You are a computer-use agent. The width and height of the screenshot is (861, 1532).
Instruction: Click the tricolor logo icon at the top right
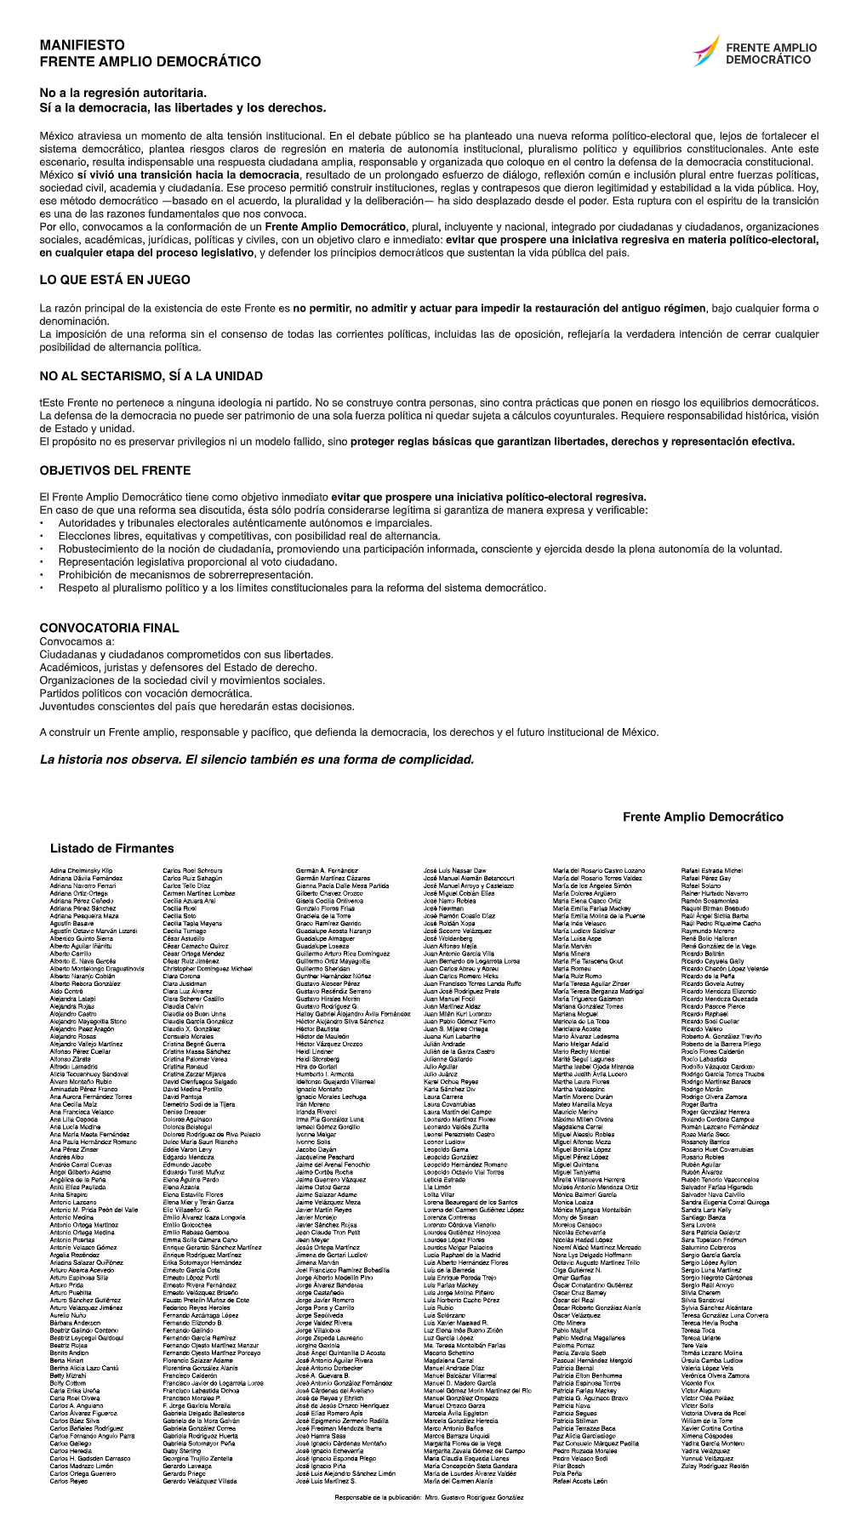click(x=705, y=52)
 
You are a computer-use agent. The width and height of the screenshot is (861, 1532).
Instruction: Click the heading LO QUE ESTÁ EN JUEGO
click(x=115, y=280)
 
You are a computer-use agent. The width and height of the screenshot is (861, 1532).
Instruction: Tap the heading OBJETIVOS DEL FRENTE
click(x=115, y=470)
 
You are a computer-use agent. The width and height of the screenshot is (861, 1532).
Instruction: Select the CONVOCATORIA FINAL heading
click(x=109, y=628)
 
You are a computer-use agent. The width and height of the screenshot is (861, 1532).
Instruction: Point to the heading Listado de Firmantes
click(x=111, y=848)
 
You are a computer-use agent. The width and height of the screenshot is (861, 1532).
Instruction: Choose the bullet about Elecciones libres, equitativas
click(x=249, y=536)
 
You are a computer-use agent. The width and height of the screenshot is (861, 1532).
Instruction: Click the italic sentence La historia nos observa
click(x=257, y=760)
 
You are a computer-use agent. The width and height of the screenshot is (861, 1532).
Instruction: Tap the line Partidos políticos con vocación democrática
click(x=145, y=693)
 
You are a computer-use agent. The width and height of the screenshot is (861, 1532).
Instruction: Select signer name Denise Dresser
click(x=184, y=1112)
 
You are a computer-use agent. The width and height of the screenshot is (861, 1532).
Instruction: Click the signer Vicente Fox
click(x=697, y=1383)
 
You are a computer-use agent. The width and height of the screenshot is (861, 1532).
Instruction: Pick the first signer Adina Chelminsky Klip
click(x=81, y=871)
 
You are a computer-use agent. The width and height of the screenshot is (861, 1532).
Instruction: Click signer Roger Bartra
click(x=698, y=1105)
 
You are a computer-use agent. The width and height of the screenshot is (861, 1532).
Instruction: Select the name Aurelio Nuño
click(x=68, y=1315)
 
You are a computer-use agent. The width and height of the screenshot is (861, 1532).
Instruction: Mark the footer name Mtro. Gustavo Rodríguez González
click(x=474, y=1496)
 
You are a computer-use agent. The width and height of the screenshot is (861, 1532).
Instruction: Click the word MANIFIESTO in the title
click(x=82, y=45)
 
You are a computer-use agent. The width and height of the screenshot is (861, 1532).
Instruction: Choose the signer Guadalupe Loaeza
click(x=322, y=947)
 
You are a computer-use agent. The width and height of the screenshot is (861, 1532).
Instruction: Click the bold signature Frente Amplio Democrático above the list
click(x=703, y=817)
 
